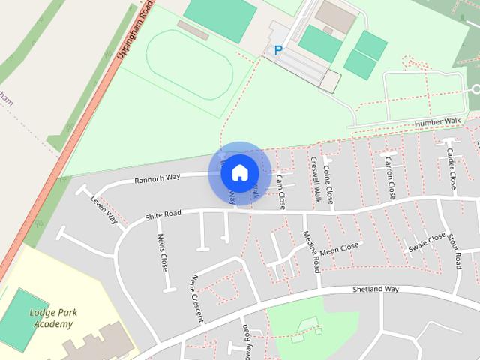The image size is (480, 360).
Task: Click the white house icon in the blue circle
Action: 239,172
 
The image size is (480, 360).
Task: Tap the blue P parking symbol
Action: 278,51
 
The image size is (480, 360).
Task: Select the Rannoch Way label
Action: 157,178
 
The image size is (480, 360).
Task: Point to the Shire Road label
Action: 163,216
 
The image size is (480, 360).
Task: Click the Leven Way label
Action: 103,211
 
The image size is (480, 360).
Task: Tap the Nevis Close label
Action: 163,252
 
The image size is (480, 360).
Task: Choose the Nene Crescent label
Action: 196,298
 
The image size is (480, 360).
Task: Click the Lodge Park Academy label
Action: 52,318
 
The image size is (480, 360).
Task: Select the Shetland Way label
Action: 376,289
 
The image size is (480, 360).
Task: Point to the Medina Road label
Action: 316,255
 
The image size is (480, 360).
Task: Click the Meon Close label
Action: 339,249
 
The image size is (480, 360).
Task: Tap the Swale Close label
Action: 427,242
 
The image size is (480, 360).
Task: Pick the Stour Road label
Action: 455,252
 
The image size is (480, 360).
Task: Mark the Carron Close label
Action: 390,177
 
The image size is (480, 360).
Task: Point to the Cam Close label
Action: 280,191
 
